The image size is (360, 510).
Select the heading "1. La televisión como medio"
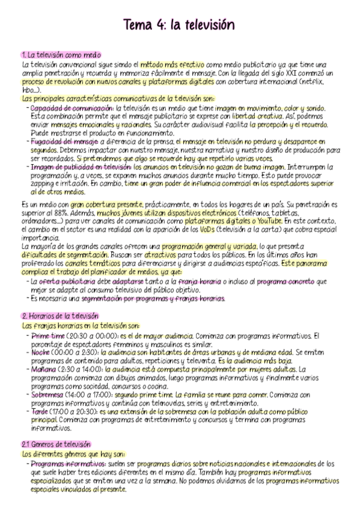(x=61, y=55)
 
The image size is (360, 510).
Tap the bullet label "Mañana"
(x=44, y=369)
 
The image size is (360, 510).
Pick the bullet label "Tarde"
(x=40, y=411)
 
